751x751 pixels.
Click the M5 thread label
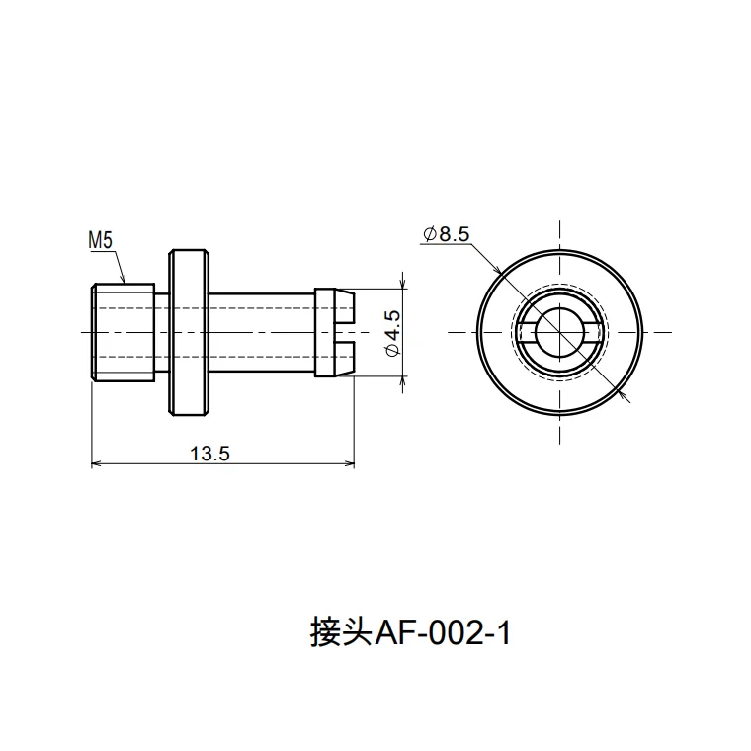coord(101,239)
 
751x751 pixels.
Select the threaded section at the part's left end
coord(123,332)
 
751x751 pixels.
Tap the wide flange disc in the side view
coord(190,332)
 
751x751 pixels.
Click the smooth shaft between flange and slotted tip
coord(262,332)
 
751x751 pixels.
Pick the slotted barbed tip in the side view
coord(334,332)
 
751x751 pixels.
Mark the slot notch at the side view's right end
coord(346,332)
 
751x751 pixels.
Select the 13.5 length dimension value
coord(209,454)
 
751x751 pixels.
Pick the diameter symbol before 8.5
coord(430,234)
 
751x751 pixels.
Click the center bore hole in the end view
coord(560,332)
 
